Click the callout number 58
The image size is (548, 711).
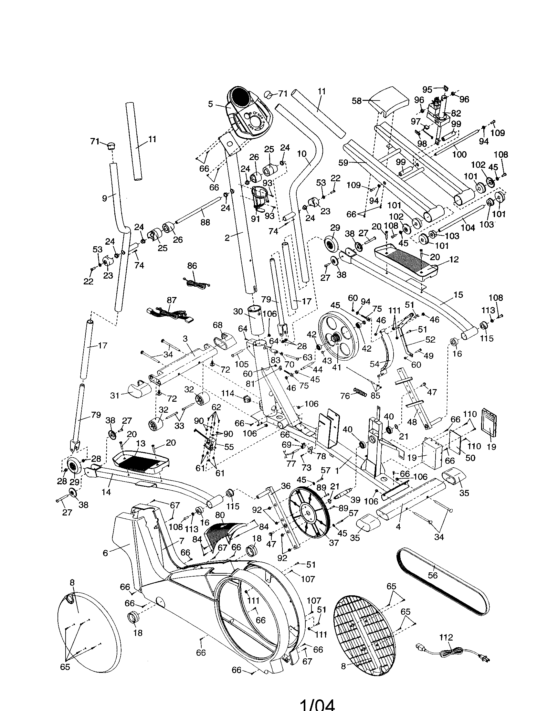tap(357, 101)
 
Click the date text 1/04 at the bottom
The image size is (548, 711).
tap(317, 705)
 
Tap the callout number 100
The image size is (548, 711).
tap(459, 154)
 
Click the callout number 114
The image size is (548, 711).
tap(227, 394)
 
